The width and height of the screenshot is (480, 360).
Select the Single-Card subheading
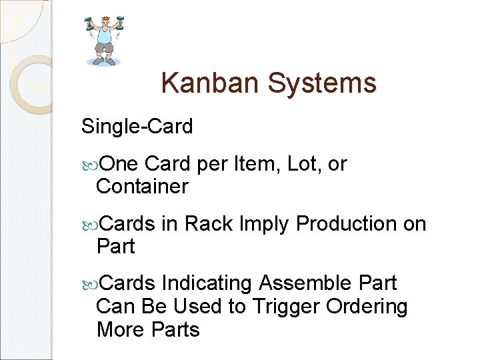point(137,126)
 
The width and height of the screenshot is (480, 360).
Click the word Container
point(142,187)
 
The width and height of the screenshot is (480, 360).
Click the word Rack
point(209,224)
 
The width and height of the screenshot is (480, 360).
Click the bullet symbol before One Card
point(88,165)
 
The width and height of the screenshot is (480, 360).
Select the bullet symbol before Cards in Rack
point(88,225)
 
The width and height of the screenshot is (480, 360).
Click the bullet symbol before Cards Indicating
point(88,284)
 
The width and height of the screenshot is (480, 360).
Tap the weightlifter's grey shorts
point(103,48)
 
